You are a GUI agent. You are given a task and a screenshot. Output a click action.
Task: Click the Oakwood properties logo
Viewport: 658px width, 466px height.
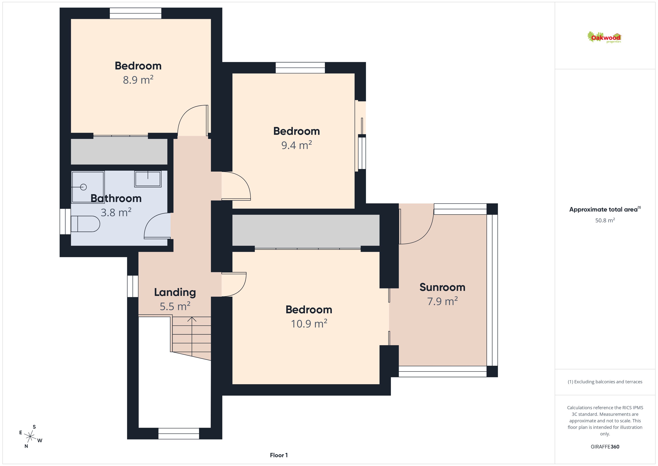coord(604,37)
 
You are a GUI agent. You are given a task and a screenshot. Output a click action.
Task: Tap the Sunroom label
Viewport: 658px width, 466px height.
coord(442,287)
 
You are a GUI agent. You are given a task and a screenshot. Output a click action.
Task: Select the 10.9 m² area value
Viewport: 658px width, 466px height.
coord(309,324)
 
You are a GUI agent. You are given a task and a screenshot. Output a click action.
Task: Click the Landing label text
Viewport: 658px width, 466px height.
coord(175,292)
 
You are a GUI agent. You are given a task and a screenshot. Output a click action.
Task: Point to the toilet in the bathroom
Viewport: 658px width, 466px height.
coord(85,224)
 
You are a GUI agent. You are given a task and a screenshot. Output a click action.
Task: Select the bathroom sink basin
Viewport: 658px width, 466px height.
coord(148,179)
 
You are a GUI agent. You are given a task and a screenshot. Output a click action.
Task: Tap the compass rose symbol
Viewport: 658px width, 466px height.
coord(30,437)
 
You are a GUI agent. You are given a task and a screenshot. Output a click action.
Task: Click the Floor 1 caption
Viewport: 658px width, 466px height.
coord(279,455)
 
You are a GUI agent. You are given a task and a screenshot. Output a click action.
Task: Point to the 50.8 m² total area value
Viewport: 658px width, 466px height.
coord(605,220)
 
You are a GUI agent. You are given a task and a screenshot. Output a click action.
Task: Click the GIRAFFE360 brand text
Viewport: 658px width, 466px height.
coord(605,446)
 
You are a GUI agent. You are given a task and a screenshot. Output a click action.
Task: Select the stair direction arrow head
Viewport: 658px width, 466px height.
coord(192,319)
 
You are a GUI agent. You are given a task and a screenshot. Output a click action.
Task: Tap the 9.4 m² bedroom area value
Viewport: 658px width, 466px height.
coord(296,145)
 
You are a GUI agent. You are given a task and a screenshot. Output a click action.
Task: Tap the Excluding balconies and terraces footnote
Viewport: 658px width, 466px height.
coord(605,382)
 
